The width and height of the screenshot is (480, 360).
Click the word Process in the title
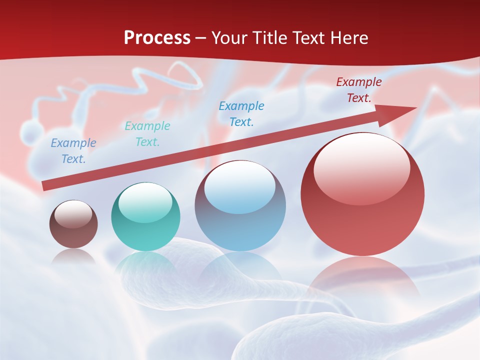[x=157, y=38]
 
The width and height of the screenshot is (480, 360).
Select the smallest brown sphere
[x=73, y=224]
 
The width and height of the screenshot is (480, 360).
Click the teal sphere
[x=145, y=217]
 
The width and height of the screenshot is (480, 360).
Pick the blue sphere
[x=240, y=206]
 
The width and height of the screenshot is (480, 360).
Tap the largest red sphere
[x=362, y=195]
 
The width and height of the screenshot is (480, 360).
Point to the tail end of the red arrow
[x=45, y=186]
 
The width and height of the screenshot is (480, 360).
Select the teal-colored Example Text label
[x=147, y=134]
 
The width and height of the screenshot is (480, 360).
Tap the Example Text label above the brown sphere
[x=73, y=151]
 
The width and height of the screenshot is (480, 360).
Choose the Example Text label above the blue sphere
[x=241, y=113]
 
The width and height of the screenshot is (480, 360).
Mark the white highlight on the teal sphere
[x=145, y=202]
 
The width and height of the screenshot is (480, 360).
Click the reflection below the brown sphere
[x=73, y=256]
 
